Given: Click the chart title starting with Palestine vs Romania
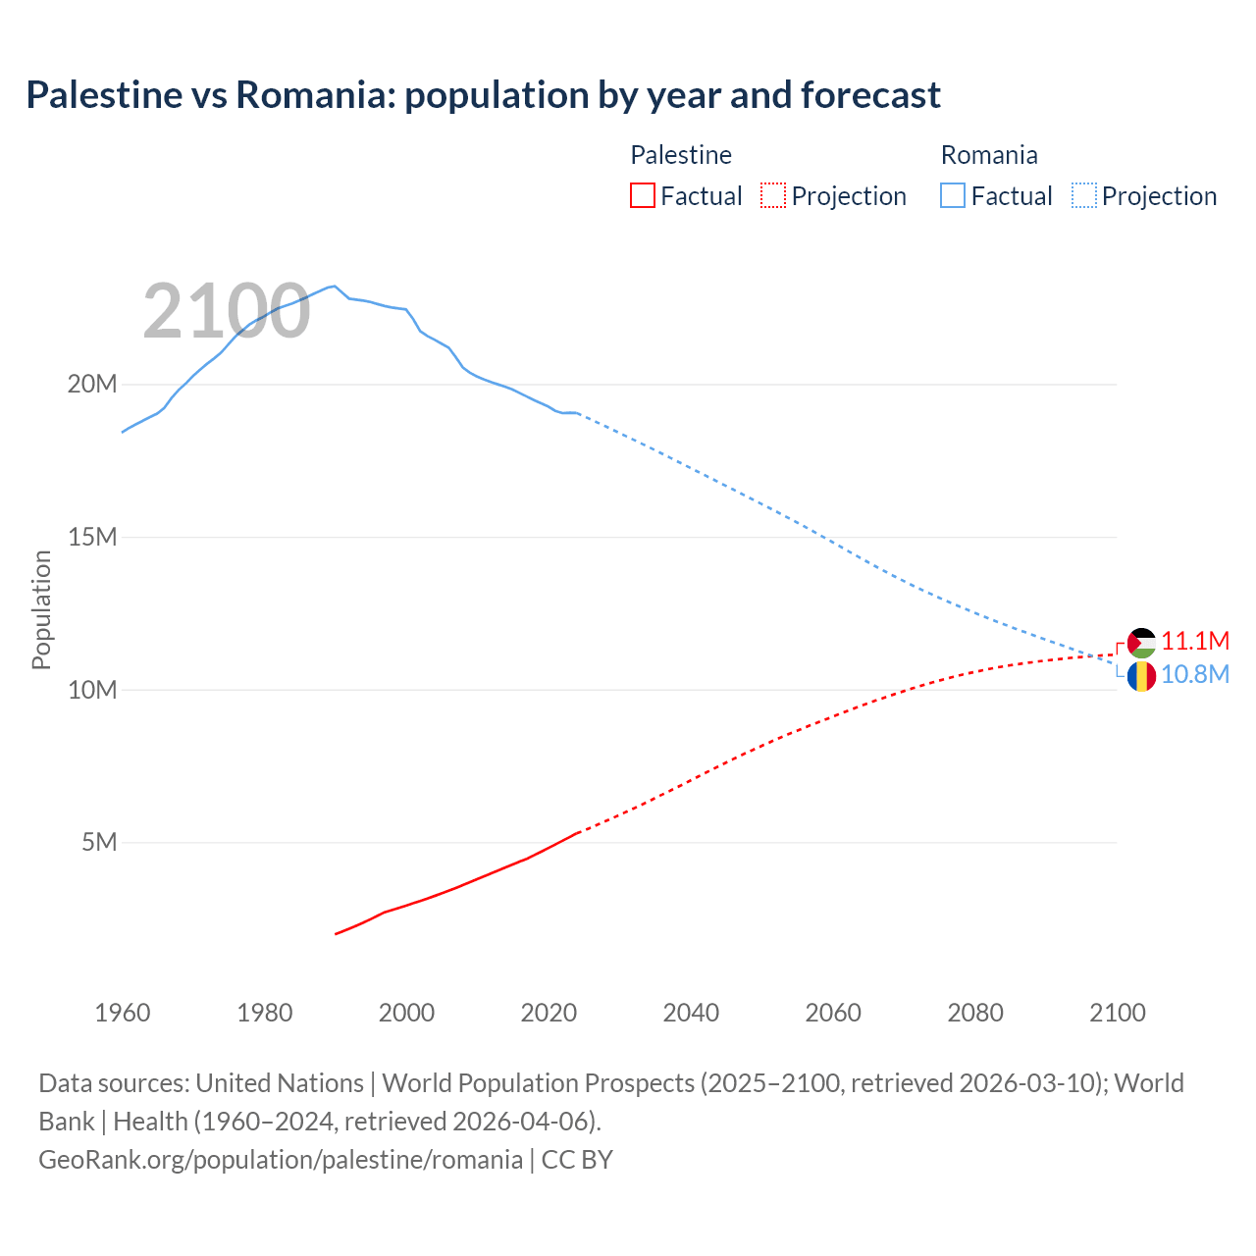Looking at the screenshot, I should [483, 95].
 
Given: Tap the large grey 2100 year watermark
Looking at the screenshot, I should [227, 312].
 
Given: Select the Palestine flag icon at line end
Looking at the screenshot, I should [1141, 643].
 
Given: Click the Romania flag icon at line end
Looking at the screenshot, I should [1141, 676].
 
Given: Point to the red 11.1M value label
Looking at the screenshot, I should [1195, 641].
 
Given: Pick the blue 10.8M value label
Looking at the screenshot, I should [1195, 675].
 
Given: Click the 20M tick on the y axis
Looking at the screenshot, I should [92, 384].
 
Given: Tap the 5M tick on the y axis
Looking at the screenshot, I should [99, 842].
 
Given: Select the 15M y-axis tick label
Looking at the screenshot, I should [92, 537].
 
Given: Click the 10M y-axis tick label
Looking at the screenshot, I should [92, 690].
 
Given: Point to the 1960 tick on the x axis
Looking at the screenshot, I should [123, 1013].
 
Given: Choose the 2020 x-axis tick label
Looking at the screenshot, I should [549, 1013].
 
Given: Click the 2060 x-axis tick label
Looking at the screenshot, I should [833, 1013].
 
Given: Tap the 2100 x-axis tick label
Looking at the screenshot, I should [1117, 1013].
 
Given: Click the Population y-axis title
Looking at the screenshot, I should [41, 609].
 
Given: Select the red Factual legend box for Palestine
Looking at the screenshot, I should [643, 195].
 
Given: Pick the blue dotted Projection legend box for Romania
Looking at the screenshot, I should [1083, 195].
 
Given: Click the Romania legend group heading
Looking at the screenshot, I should [989, 155].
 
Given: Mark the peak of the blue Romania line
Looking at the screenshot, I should [335, 286].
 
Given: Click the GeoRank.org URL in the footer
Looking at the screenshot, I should [281, 1160].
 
